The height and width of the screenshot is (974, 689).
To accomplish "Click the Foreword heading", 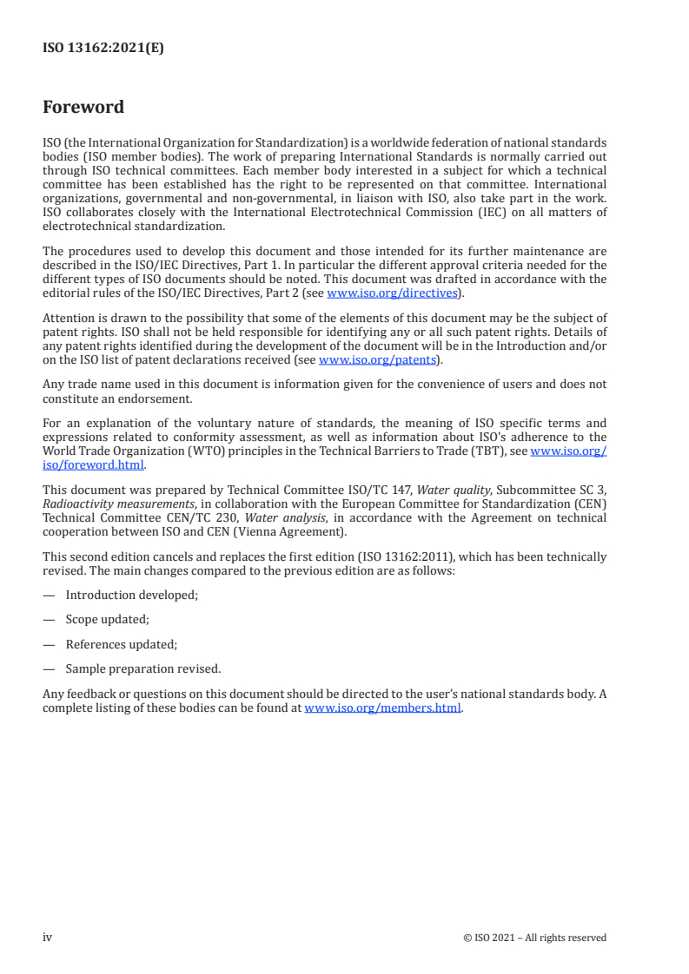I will coord(83,108).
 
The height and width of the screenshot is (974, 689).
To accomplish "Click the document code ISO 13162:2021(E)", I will coord(103,49).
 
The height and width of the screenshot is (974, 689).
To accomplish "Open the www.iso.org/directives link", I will coord(392,293).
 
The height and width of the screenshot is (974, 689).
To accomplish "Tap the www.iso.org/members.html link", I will coord(382,707).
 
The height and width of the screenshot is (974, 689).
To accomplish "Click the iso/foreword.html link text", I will coord(93,464).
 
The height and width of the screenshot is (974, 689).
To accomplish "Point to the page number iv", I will coord(48,937).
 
